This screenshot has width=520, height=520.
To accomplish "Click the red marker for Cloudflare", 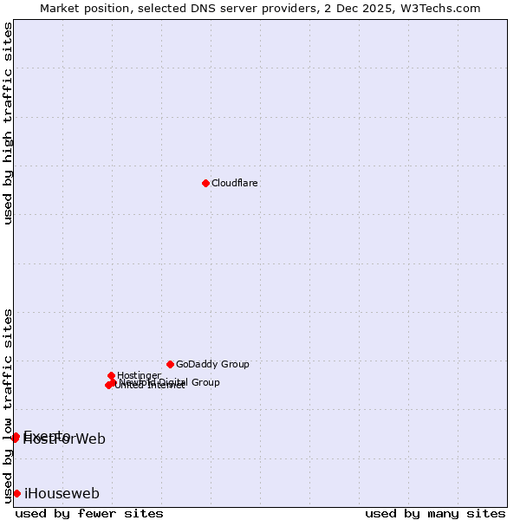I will [205, 183].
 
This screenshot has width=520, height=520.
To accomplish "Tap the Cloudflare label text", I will [235, 183].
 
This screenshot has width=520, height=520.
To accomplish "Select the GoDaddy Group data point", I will [170, 364].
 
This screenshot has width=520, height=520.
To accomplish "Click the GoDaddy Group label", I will [212, 364].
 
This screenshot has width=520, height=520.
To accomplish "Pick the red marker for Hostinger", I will [112, 375].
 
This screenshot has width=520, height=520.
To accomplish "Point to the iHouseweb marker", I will [16, 493].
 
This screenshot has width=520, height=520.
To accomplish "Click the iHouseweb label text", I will [62, 493].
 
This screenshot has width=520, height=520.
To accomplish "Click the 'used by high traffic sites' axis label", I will [8, 124].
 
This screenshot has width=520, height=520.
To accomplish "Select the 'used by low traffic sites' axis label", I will [8, 405].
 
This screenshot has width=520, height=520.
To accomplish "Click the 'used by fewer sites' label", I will [89, 513].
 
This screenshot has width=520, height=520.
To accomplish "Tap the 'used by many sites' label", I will [435, 513].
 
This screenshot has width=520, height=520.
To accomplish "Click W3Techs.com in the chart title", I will [444, 8].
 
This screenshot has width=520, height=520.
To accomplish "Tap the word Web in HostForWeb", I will [90, 439].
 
